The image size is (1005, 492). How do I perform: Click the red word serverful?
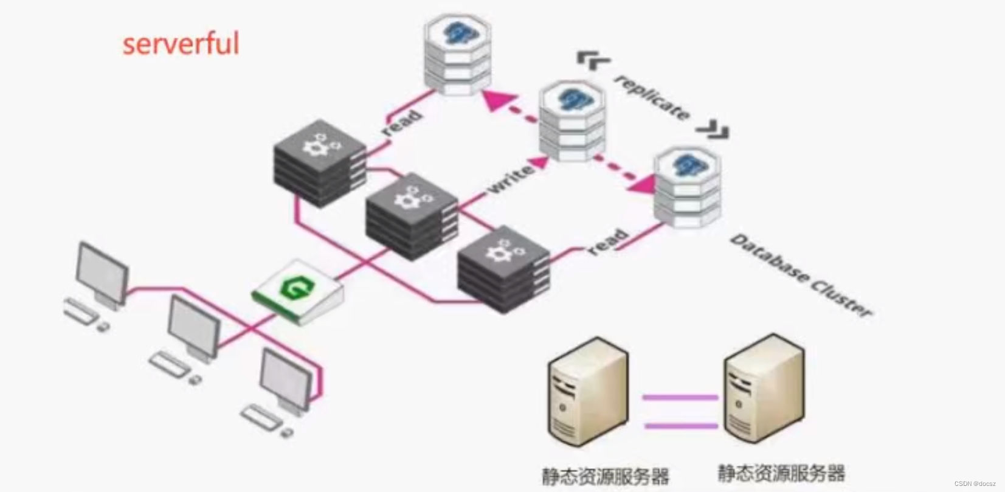pos(181,44)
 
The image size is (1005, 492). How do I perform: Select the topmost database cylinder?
pos(457,55)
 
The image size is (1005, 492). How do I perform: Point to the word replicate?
pos(653,97)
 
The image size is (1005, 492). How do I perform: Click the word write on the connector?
pos(511,179)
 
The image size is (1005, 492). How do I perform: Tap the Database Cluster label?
pos(801,275)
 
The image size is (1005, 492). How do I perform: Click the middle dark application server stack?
pos(412,216)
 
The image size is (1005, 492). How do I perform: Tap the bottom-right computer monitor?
pos(285,377)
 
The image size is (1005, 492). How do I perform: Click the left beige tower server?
pos(587,392)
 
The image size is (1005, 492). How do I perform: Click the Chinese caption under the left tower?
pos(605,475)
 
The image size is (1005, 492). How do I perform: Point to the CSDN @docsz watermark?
pos(975,484)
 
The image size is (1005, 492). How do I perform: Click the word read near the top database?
pos(401,122)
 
